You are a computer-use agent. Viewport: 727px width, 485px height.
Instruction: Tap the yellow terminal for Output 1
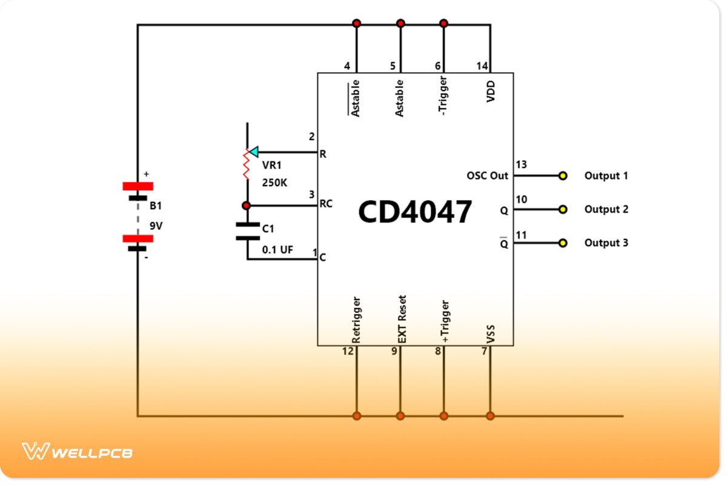563,176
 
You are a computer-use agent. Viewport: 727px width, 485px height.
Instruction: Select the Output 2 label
606,209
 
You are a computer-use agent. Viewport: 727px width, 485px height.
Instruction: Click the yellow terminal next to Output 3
563,243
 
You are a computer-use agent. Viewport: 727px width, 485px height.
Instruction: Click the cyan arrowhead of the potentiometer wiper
254,152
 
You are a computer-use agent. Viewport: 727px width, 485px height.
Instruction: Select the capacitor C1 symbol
247,231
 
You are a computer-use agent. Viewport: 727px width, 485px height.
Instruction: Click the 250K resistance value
274,182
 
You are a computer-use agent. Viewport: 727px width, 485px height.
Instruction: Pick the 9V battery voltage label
157,226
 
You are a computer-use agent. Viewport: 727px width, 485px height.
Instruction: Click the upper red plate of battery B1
138,186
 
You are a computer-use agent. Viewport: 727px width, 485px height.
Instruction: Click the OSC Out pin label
487,176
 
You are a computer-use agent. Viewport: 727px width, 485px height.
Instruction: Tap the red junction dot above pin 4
356,24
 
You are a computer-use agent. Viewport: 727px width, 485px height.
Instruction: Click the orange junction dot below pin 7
490,416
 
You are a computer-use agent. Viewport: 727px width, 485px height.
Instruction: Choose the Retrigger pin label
356,320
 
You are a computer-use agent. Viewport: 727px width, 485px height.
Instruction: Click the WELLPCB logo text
91,452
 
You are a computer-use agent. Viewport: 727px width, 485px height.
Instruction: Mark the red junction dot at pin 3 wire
247,206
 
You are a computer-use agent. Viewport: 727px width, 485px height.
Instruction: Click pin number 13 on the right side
521,165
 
